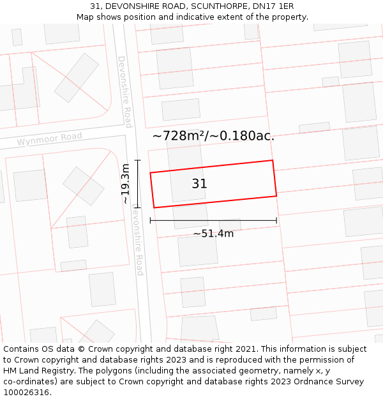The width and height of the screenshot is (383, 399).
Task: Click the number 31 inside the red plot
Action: click(x=199, y=184)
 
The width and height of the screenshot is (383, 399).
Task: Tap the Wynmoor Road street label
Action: click(x=50, y=139)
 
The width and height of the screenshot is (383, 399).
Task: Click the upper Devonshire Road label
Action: click(x=124, y=91)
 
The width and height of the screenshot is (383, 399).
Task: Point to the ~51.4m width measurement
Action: click(x=213, y=234)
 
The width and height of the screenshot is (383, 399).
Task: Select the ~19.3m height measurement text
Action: click(x=126, y=184)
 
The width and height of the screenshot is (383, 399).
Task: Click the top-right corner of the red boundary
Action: click(x=273, y=160)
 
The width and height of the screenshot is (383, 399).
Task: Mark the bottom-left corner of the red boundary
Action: click(x=154, y=207)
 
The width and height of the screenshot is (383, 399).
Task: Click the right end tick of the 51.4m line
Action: click(x=276, y=221)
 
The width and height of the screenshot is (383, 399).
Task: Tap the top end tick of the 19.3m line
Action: click(x=137, y=160)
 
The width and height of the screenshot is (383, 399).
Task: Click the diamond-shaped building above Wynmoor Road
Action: click(x=77, y=78)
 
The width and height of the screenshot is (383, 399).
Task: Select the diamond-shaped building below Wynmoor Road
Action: click(x=83, y=186)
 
